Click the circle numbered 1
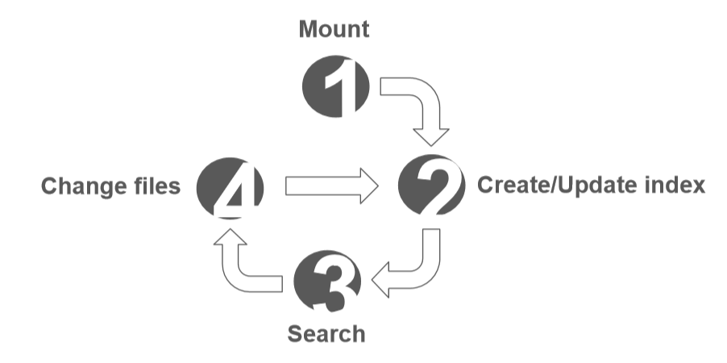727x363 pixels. (334, 85)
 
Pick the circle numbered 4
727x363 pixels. (230, 186)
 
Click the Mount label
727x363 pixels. (334, 31)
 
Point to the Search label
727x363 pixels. (326, 334)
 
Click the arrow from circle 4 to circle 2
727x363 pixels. (330, 186)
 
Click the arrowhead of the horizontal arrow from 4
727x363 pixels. (367, 186)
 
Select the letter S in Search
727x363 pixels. (295, 334)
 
